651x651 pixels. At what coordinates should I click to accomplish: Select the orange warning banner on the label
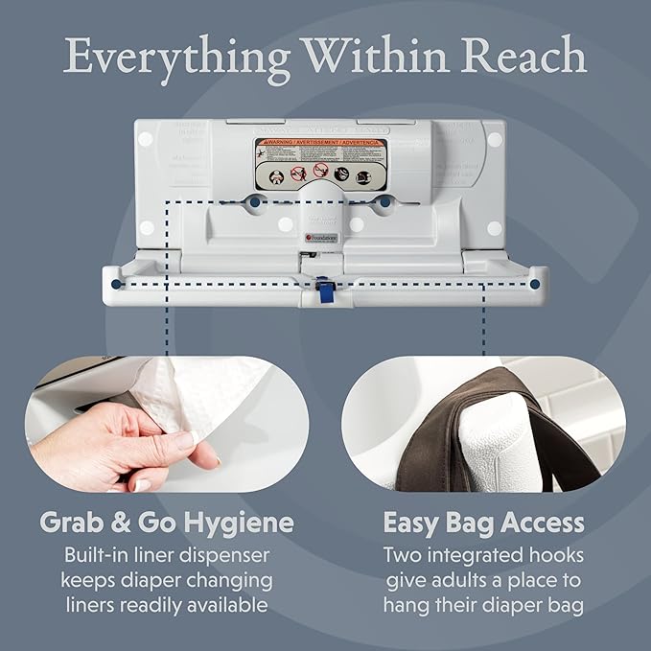320,146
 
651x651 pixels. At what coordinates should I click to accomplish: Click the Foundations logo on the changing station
312,234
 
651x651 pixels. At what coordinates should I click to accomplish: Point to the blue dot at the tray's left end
116,284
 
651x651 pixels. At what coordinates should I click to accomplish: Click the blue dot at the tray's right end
533,284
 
